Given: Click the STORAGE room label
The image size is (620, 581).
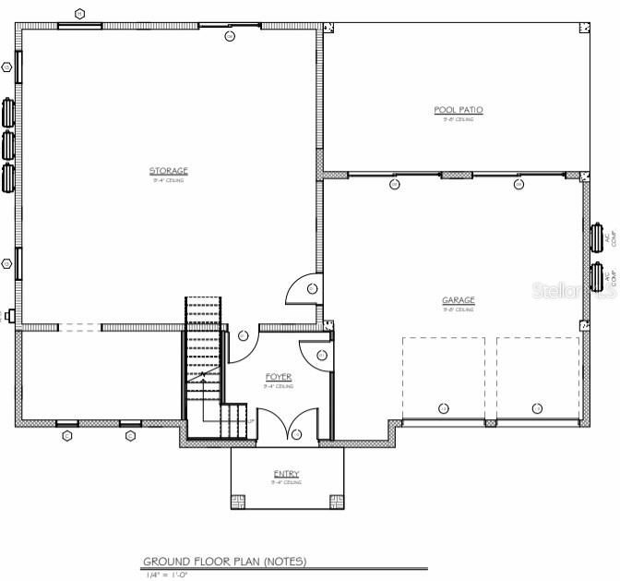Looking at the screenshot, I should tap(169, 171).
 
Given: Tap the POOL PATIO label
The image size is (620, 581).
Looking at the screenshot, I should tap(459, 110).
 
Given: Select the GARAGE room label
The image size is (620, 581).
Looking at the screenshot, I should tap(458, 300).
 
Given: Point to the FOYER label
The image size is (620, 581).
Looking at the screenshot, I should tap(278, 377).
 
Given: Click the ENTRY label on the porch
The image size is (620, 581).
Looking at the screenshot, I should tap(286, 474).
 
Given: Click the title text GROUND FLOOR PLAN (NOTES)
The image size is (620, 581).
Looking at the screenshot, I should tap(224, 562).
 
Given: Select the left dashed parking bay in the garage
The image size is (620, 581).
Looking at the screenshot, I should tap(443, 379).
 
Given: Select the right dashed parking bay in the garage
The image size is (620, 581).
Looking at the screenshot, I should tap(538, 379).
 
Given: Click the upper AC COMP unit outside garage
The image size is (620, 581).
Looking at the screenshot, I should tap(597, 237).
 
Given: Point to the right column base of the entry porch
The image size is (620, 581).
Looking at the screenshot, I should tap(335, 502).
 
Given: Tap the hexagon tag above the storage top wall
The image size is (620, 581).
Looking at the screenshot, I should tap(80, 14).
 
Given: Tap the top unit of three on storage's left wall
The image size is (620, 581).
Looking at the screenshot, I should tap(9, 113).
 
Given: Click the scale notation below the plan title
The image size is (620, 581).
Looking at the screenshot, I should tap(167, 575).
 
